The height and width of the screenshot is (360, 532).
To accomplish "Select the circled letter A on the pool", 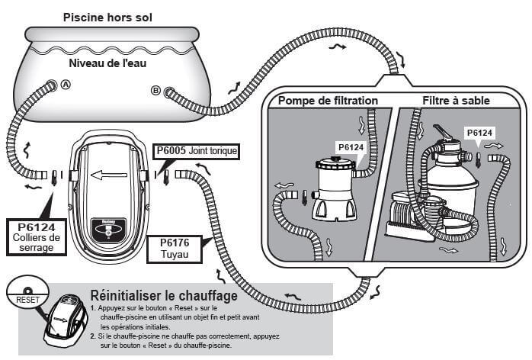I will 66,85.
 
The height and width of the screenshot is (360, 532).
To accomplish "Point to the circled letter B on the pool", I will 155,91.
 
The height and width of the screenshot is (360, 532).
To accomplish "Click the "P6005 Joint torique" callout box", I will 196,151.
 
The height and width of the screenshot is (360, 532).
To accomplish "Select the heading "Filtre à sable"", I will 456,100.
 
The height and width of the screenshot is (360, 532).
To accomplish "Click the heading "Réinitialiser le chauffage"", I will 163,294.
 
